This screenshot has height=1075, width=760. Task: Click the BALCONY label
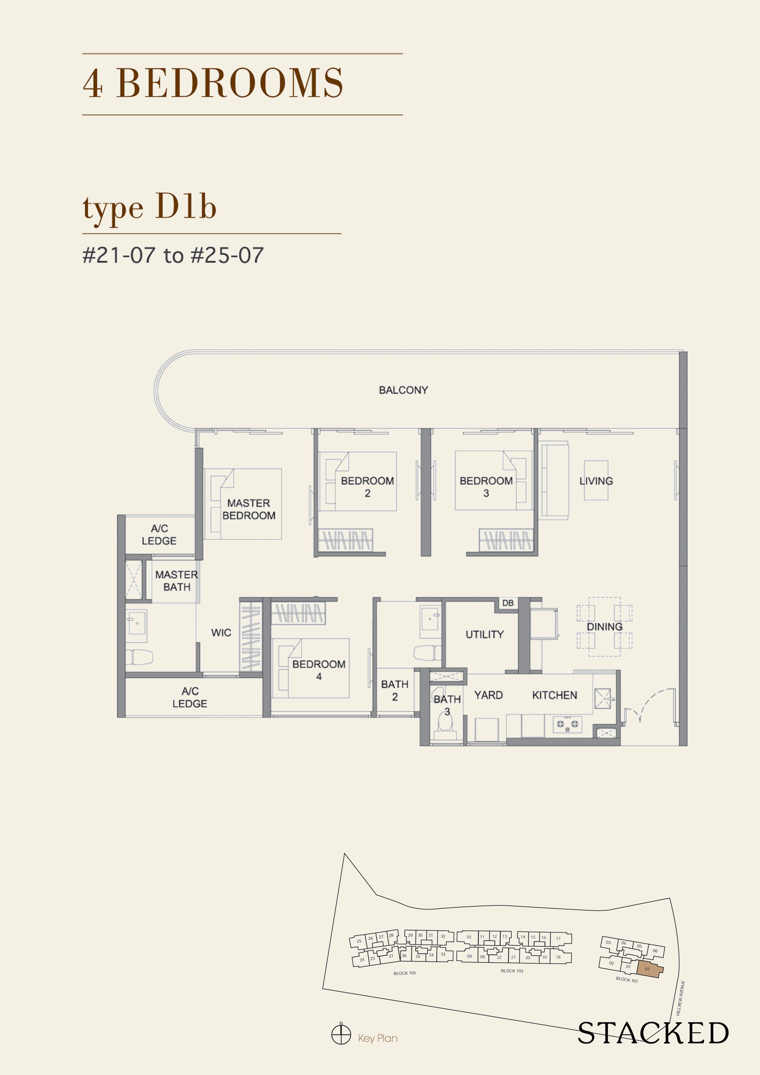pyautogui.click(x=403, y=390)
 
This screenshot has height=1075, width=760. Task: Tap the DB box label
pyautogui.click(x=507, y=603)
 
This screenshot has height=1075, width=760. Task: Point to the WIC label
pyautogui.click(x=221, y=632)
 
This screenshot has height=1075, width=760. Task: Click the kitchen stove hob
pyautogui.click(x=567, y=724)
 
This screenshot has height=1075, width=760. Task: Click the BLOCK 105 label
pyautogui.click(x=405, y=973)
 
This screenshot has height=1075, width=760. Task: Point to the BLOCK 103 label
pyautogui.click(x=512, y=971)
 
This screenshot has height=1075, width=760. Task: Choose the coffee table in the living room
pyautogui.click(x=596, y=481)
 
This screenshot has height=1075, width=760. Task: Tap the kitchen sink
pyautogui.click(x=603, y=699)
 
